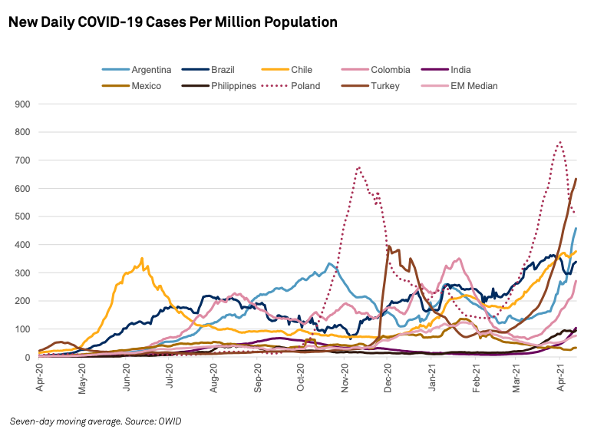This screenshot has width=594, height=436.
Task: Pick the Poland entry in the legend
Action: [305, 86]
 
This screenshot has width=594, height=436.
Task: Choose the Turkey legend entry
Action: [384, 86]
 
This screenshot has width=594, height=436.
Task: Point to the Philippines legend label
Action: [233, 86]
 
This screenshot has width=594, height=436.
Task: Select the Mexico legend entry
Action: [146, 86]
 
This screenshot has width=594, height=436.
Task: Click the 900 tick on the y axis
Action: [22, 104]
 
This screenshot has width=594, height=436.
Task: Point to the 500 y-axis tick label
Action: [22, 216]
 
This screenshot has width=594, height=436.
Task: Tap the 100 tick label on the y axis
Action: [22, 329]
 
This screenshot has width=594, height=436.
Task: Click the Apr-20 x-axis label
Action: [39, 378]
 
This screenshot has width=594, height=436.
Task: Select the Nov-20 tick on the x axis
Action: [345, 378]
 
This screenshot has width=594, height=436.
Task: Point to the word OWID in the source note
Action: [170, 421]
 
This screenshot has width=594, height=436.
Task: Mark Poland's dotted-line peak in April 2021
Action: [560, 142]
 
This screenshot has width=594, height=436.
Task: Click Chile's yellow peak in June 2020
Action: [142, 259]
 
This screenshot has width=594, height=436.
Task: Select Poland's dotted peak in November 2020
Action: [358, 167]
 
